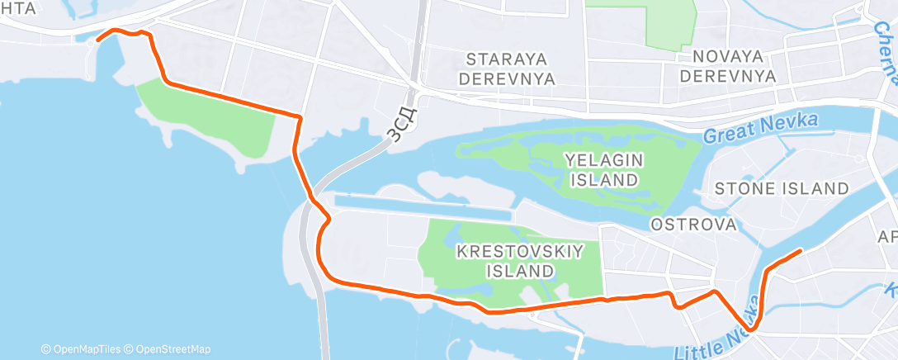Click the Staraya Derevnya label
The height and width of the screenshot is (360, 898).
point(510,69)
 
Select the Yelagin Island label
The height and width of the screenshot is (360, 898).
point(603,168)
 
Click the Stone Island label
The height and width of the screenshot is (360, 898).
point(781,189)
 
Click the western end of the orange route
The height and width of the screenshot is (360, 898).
point(98,39)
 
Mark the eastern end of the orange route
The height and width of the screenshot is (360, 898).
point(801,250)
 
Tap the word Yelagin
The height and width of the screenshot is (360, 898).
point(603,159)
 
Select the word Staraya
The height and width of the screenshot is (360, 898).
point(510,59)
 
